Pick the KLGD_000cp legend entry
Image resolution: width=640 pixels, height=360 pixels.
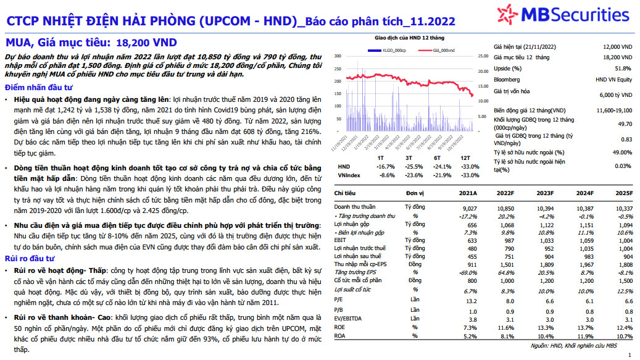coord(391,49)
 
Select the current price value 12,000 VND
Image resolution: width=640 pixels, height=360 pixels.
coord(617,47)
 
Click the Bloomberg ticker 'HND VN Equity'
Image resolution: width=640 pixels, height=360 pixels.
coord(613,80)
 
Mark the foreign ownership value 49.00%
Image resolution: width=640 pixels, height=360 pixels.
coord(621,152)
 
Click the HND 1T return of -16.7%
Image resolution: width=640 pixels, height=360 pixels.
coord(386,166)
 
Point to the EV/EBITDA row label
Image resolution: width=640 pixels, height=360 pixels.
coord(349,319)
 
